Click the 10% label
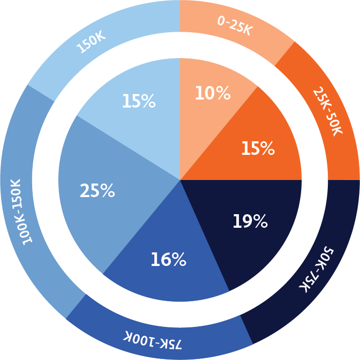212,93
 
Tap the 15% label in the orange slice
257,149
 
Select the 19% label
249,221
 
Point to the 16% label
168,259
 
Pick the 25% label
97,191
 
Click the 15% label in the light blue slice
138,102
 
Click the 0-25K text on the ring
234,25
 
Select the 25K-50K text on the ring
327,111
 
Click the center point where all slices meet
180,179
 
